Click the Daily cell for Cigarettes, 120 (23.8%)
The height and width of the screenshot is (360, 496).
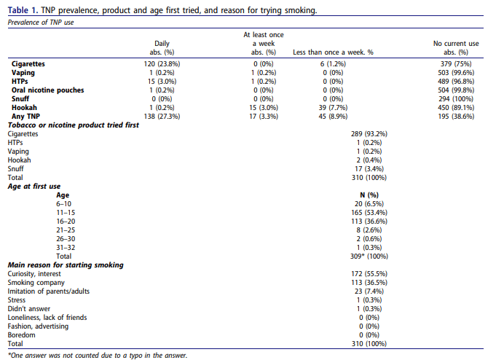point(162,64)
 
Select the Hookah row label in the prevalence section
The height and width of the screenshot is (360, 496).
point(24,108)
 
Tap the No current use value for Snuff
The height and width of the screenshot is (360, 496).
point(456,99)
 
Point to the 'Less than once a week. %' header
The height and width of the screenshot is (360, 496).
point(333,52)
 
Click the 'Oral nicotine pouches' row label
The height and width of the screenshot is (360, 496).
point(48,90)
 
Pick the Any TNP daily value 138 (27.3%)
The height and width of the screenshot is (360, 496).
point(162,117)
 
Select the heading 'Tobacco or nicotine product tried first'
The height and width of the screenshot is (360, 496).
point(74,125)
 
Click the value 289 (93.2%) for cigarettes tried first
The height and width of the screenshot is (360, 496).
point(369,134)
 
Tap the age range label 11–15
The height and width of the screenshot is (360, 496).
point(66,213)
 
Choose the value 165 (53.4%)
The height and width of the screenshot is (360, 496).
point(369,213)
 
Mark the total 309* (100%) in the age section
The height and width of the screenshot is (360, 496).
point(369,256)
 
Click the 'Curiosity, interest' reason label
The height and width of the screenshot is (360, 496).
point(34,274)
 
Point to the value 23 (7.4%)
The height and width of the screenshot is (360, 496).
point(369,291)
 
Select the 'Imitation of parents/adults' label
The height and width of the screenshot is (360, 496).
point(49,291)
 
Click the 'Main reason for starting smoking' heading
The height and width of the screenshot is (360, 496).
point(66,265)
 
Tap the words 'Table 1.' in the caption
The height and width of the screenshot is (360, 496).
point(23,10)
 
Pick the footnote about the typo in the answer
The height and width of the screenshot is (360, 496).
point(98,355)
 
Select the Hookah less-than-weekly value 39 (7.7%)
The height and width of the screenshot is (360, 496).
point(333,108)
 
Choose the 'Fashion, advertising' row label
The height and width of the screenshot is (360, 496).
point(38,326)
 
